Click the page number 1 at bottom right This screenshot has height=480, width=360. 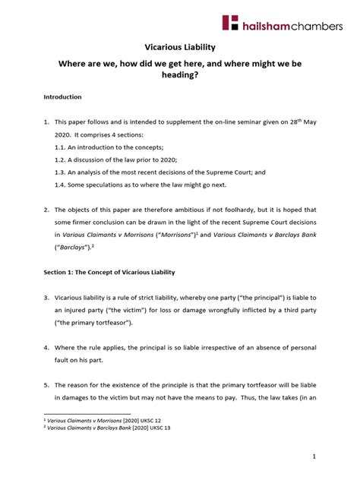click(x=335, y=455)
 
